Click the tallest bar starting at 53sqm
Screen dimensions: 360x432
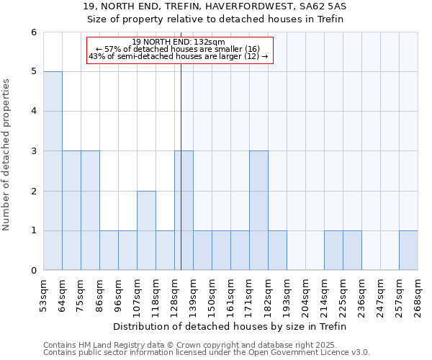[53, 171]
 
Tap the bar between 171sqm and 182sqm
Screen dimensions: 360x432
[258, 210]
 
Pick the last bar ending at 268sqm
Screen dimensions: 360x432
[408, 251]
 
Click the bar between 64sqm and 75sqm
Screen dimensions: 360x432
[71, 210]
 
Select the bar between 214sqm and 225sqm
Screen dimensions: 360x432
[333, 251]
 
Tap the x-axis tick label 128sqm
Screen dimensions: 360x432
[175, 295]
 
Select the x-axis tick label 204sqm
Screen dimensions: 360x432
[306, 295]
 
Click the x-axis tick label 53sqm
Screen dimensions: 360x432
[44, 295]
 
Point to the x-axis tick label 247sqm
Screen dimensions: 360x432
[381, 295]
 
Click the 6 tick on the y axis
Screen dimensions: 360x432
[32, 32]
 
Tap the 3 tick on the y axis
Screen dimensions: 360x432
[32, 151]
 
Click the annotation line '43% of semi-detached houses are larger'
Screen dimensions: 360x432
[179, 56]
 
